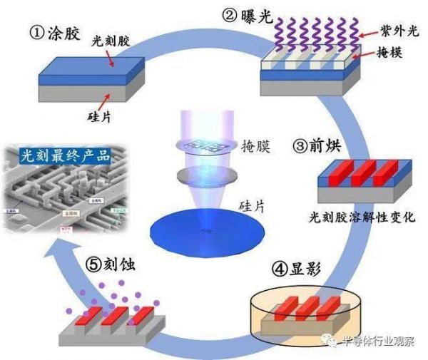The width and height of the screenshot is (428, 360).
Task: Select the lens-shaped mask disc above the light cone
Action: (205, 145)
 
